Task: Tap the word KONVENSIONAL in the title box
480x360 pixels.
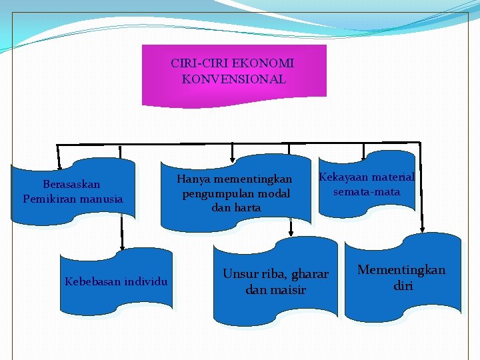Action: click(233, 79)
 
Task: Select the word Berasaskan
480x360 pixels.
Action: click(71, 184)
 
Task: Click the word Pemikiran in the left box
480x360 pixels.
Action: click(48, 199)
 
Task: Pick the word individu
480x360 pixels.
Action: click(146, 281)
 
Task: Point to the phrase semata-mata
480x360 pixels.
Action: click(367, 192)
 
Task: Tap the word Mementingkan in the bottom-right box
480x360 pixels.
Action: click(401, 270)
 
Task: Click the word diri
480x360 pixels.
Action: click(403, 286)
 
